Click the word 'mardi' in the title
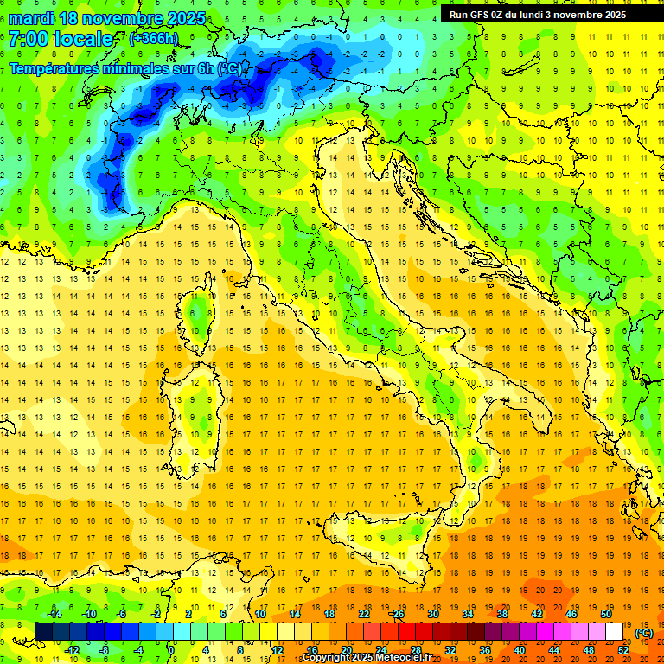click(x=30, y=18)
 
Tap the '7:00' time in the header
click(x=29, y=39)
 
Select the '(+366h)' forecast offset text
click(x=156, y=38)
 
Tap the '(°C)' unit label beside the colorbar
click(x=644, y=633)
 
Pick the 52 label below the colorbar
click(x=623, y=650)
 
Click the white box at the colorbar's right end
click(x=615, y=632)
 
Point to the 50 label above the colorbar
click(x=606, y=613)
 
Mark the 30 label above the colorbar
click(x=433, y=613)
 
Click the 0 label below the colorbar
click(x=171, y=650)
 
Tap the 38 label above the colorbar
click(x=502, y=613)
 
